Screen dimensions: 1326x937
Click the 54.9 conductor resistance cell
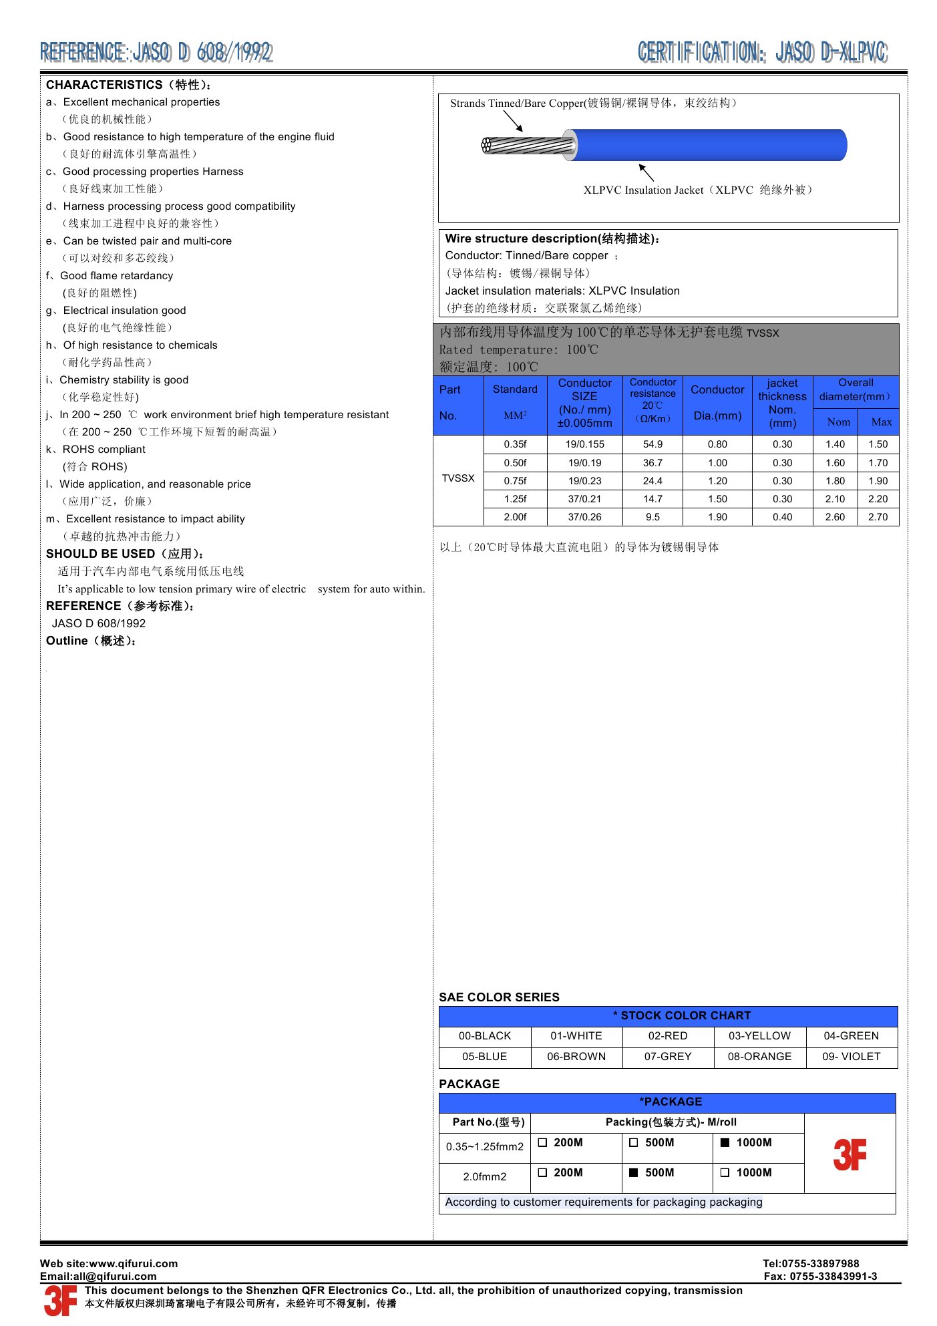(652, 444)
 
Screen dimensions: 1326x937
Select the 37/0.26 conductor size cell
(584, 517)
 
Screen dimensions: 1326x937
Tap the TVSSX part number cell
(458, 478)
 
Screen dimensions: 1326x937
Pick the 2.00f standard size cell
(515, 517)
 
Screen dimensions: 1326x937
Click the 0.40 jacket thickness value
(782, 517)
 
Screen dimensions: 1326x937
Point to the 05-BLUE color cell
(484, 1057)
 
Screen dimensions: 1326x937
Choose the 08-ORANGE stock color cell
(759, 1057)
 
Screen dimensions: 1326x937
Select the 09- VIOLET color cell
(851, 1057)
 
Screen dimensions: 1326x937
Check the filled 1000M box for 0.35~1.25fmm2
(725, 1143)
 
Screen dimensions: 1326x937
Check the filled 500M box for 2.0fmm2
(634, 1172)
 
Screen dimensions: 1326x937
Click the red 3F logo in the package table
(850, 1155)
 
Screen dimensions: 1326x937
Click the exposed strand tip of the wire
(488, 145)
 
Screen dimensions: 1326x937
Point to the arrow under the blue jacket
(645, 171)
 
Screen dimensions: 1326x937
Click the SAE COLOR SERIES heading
(499, 997)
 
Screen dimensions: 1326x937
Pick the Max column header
(881, 422)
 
